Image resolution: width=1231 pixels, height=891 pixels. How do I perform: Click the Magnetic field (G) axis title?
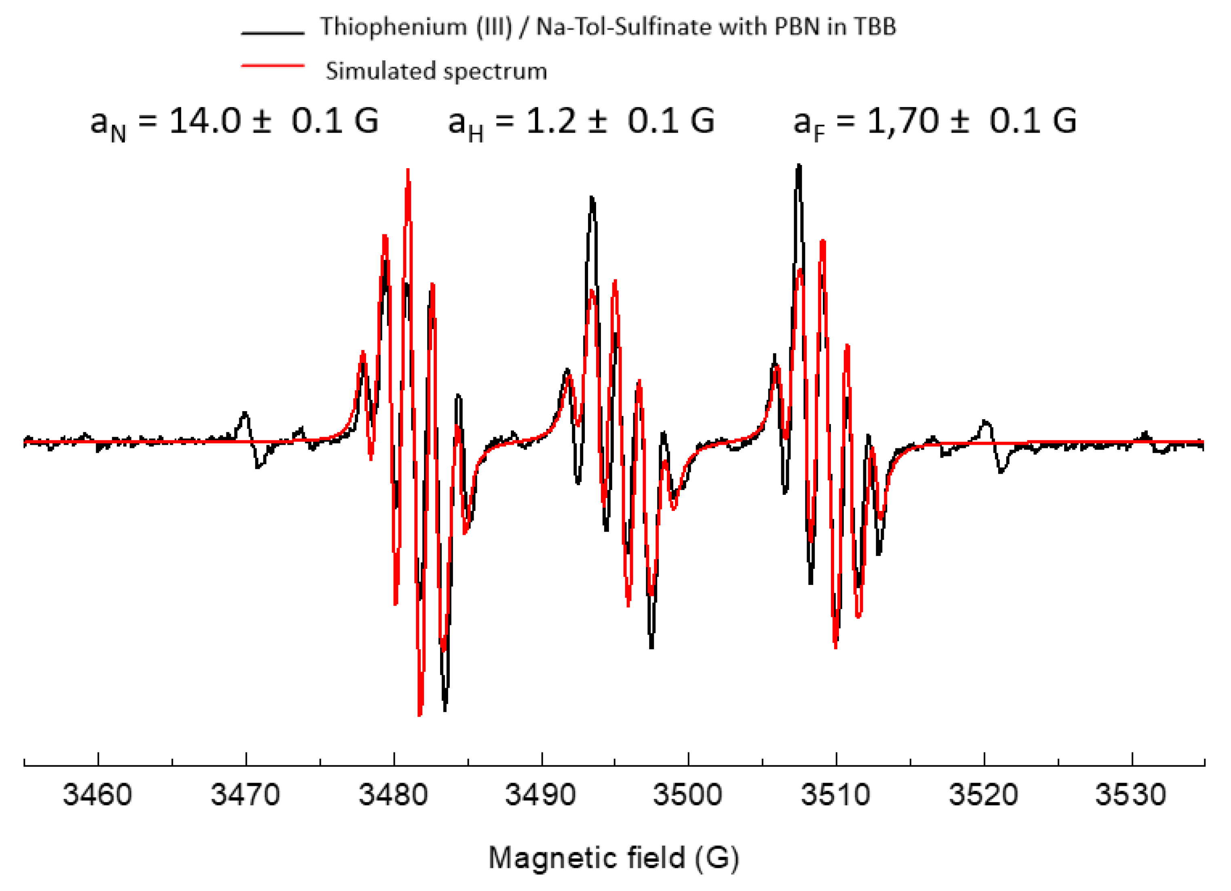click(614, 858)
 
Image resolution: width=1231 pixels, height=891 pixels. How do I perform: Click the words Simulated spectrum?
click(436, 71)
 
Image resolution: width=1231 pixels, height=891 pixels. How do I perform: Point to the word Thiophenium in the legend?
click(394, 27)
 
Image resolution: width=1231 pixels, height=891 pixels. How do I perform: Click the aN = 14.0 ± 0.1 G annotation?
click(234, 122)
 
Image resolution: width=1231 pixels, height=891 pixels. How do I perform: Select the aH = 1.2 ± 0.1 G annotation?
click(581, 122)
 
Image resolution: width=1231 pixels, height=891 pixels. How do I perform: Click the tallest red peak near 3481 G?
click(408, 171)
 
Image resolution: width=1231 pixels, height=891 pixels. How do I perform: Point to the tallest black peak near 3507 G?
click(799, 166)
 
